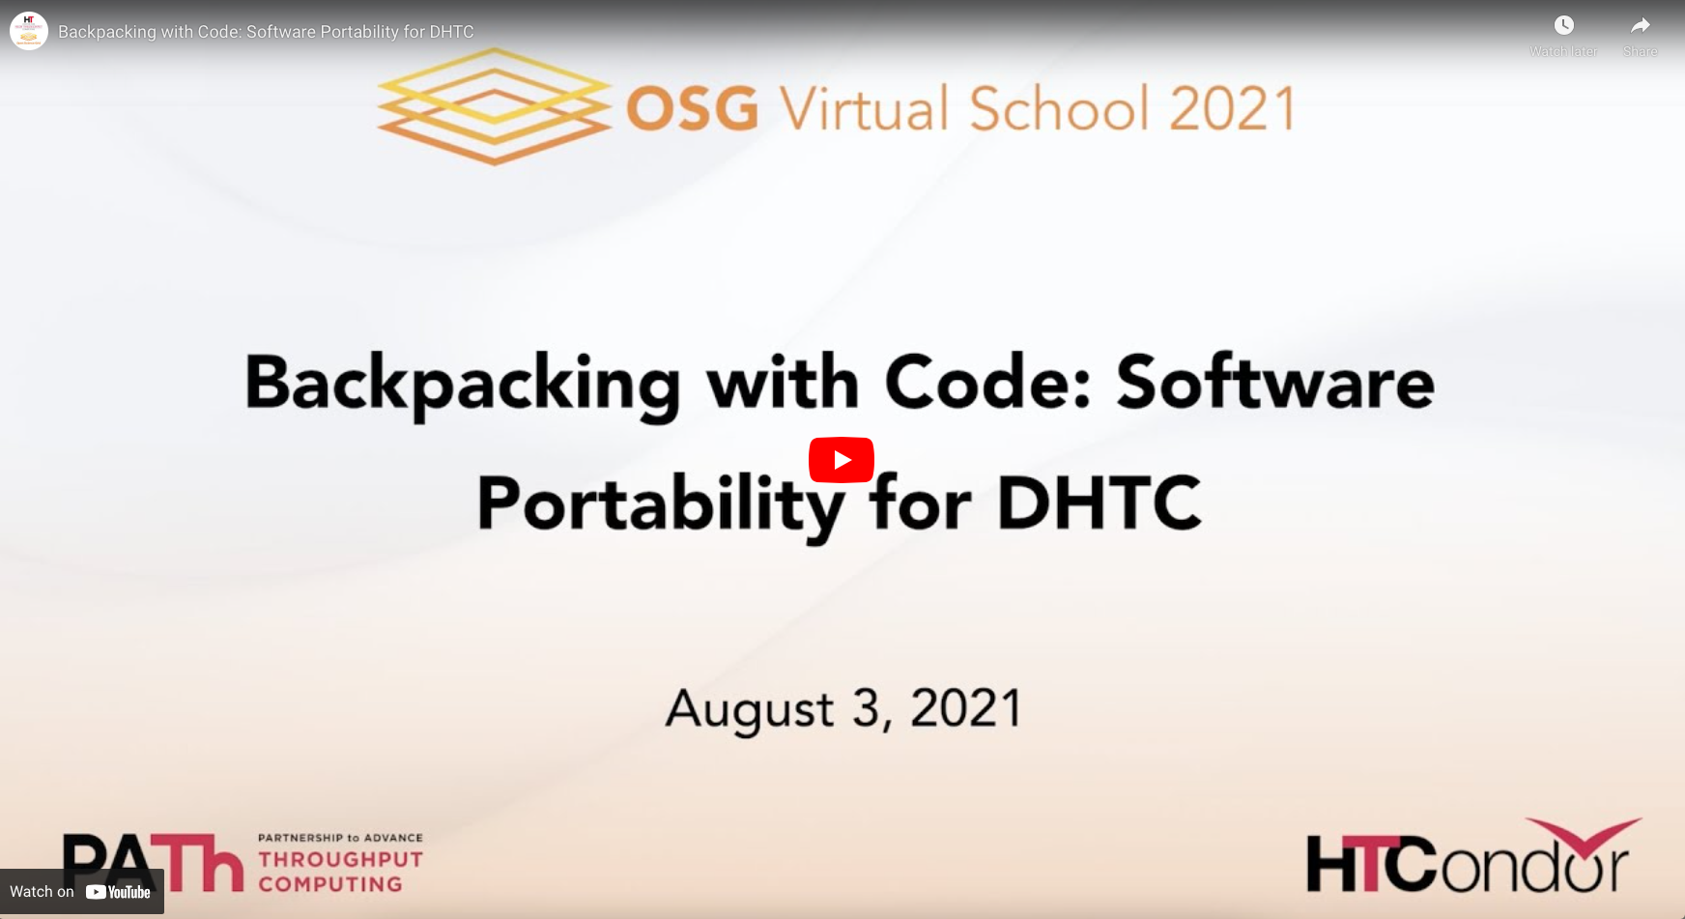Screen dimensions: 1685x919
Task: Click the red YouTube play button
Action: point(842,460)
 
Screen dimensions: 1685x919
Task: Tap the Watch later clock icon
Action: point(1563,25)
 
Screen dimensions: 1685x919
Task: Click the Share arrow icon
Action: point(1641,25)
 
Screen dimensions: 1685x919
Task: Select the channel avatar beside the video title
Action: point(29,31)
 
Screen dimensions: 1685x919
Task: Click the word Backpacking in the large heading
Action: point(463,385)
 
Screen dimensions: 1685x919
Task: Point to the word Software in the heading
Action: point(1275,383)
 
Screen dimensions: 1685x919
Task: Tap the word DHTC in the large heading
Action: point(1100,503)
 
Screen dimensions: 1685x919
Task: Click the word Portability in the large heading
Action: point(661,506)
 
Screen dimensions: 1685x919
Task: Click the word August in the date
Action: point(750,710)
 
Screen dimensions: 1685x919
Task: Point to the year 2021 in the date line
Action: point(966,708)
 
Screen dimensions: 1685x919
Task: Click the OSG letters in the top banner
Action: point(692,108)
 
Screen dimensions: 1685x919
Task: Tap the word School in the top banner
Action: point(1059,107)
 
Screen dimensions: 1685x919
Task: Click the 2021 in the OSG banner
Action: point(1232,108)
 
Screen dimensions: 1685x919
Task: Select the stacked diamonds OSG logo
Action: point(494,106)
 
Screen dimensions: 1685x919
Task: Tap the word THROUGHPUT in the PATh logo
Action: point(340,859)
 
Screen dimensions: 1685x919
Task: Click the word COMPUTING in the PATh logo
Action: point(330,884)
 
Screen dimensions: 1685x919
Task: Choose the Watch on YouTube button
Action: point(82,892)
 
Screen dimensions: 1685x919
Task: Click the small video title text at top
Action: point(266,32)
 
